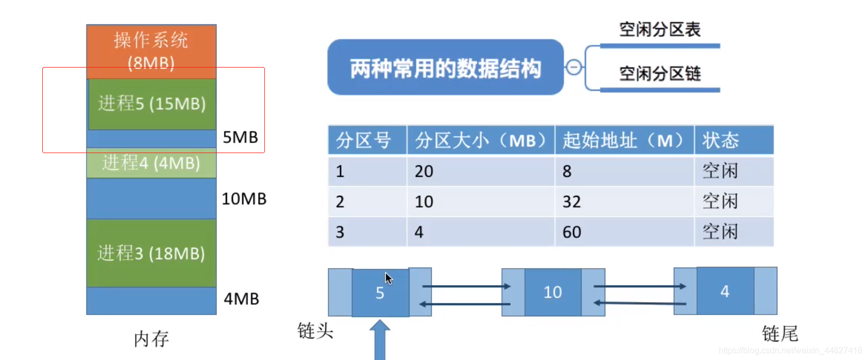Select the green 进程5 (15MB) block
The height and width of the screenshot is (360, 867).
152,104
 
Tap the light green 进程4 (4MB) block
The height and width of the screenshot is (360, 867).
151,163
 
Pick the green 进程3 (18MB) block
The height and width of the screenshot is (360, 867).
151,253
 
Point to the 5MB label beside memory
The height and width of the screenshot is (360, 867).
241,137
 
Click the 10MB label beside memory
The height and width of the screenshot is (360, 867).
244,199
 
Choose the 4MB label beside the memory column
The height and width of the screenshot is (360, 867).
242,299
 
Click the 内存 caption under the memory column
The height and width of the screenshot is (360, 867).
151,339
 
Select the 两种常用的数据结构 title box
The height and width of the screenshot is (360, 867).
445,68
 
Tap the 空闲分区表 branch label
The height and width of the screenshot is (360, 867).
660,30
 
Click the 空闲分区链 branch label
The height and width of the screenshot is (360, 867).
660,74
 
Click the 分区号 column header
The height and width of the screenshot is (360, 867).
364,140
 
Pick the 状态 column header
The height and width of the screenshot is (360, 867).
721,140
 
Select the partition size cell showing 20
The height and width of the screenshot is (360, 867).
424,171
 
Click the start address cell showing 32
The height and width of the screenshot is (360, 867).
571,202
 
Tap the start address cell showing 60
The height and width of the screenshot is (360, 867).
571,232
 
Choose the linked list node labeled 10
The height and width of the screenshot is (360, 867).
553,292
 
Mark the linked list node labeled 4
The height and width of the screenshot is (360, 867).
725,291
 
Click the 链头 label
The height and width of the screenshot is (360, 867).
316,331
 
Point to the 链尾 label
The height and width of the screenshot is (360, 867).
780,334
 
